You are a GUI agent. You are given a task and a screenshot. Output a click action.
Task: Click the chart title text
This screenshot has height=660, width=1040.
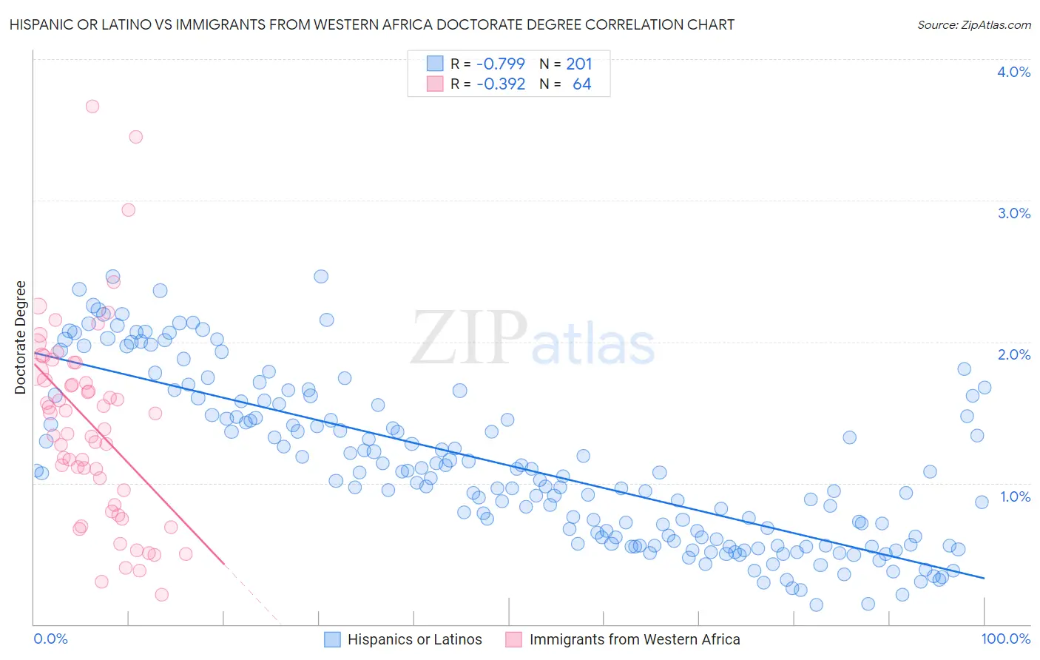point(372,24)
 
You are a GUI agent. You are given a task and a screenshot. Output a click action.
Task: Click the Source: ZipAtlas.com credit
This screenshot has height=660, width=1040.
point(973,25)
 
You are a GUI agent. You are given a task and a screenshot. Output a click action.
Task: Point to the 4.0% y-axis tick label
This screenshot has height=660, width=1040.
point(1013,72)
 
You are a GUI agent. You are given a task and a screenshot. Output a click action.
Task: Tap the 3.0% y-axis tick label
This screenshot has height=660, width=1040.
point(1013,213)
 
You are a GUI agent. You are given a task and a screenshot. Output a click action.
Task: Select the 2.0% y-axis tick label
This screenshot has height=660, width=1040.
point(1013,354)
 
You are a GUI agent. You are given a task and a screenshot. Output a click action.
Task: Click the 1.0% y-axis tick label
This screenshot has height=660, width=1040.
point(1015,496)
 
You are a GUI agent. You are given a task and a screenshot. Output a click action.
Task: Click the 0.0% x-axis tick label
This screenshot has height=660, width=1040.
point(50,639)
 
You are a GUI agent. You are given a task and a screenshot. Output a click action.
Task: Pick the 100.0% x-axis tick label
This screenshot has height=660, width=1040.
point(1005,639)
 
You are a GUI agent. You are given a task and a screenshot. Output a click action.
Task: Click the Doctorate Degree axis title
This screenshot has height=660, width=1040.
point(21,337)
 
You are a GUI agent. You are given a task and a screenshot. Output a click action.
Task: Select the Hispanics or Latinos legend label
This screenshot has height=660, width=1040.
point(414,639)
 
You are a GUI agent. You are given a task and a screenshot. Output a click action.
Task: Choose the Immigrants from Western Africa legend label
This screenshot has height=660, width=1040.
point(634,639)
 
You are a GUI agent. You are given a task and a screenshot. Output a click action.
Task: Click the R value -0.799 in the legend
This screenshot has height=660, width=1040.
point(500,64)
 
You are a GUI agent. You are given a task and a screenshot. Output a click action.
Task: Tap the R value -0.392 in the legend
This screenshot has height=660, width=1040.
point(500,84)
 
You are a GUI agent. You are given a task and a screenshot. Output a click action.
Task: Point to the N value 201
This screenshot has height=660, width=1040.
point(579,64)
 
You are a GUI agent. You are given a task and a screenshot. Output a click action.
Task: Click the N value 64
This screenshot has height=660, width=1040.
point(581,84)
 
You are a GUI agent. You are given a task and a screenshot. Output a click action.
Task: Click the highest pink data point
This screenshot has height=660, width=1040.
point(92,106)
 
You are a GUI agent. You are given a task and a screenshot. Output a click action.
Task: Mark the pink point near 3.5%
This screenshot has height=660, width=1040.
point(135,137)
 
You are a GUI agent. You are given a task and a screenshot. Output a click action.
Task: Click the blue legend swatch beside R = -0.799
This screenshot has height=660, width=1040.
point(435,64)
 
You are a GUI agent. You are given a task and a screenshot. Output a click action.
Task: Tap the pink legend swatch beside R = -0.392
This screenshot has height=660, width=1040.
point(435,84)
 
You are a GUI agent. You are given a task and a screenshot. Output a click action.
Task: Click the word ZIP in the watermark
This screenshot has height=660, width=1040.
point(469,339)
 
